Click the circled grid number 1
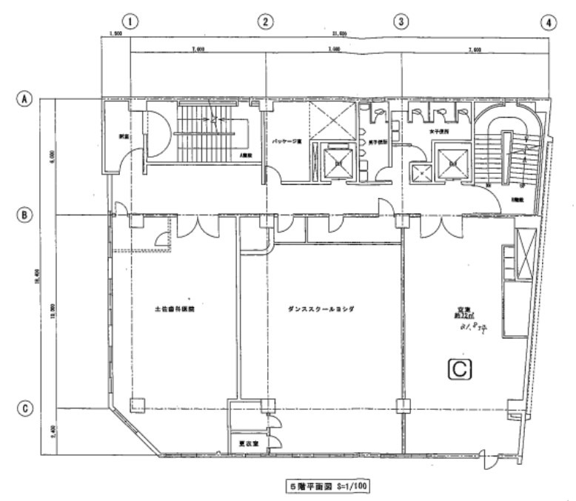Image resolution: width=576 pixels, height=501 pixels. pos(130,22)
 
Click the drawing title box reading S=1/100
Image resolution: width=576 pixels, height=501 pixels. pos(329,486)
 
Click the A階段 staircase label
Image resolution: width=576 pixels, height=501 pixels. pos(243,156)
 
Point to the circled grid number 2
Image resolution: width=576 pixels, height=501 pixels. pos(265,22)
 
